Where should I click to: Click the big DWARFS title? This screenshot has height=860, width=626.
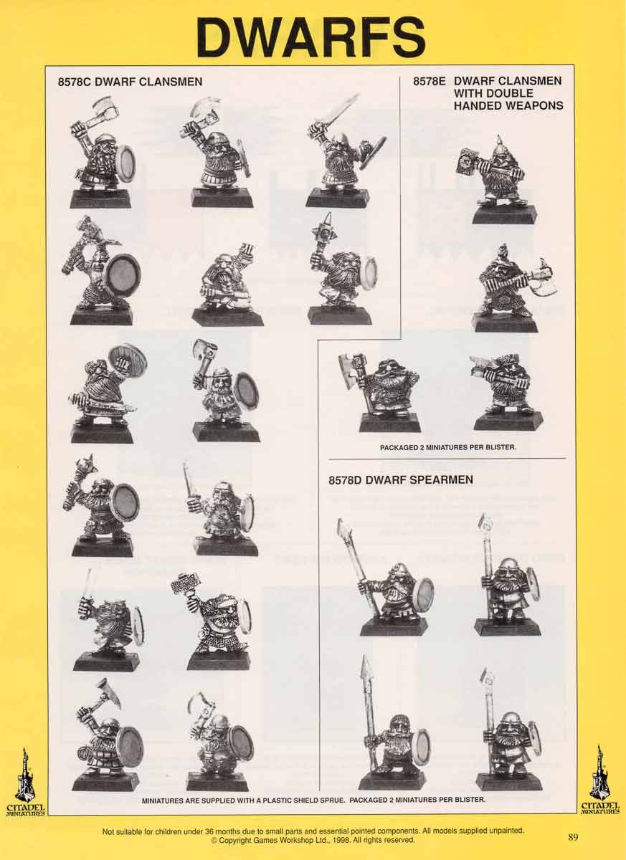(x=312, y=37)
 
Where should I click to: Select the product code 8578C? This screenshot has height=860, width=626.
(x=77, y=82)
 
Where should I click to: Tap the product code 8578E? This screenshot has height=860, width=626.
(x=430, y=81)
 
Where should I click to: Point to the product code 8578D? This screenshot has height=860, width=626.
(x=348, y=479)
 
